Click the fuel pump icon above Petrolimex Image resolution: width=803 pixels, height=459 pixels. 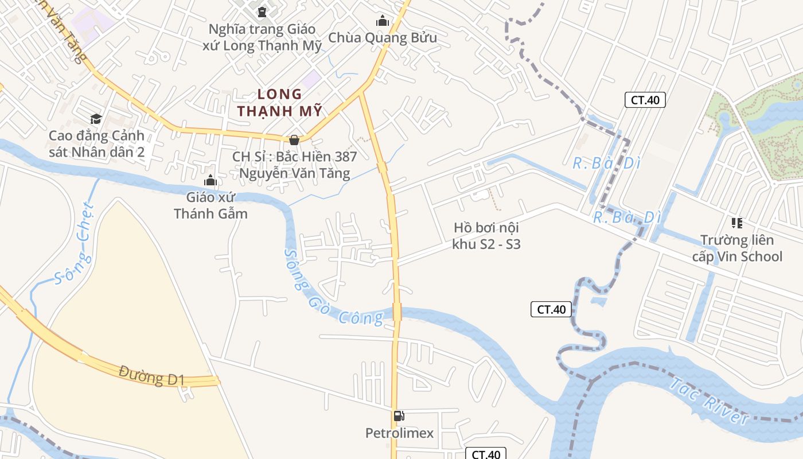[x=399, y=416]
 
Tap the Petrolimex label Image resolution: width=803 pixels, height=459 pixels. [x=400, y=433]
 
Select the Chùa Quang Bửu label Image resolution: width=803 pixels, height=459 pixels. [x=383, y=38]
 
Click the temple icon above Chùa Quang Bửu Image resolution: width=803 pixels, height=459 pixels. [x=383, y=21]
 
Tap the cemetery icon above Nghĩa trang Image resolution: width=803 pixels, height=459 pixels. [x=262, y=11]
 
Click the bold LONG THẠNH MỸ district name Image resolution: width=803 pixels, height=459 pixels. [x=280, y=103]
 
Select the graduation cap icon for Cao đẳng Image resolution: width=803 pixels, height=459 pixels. [x=96, y=119]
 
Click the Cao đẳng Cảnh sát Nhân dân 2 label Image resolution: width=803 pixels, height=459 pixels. [x=96, y=144]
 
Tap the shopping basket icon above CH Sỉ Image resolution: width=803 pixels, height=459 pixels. [x=294, y=140]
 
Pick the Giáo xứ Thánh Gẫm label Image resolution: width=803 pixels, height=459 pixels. [x=211, y=205]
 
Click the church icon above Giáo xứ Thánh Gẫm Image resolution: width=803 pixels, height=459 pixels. [x=211, y=181]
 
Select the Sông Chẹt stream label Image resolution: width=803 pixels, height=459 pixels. [x=75, y=244]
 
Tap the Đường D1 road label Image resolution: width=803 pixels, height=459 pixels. [x=152, y=376]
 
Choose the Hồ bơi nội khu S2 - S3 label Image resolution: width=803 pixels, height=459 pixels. [x=486, y=236]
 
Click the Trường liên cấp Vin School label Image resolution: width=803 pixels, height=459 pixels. [x=737, y=248]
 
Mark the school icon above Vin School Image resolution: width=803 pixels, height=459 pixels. [x=737, y=223]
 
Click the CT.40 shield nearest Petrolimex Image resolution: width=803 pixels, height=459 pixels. [x=486, y=454]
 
